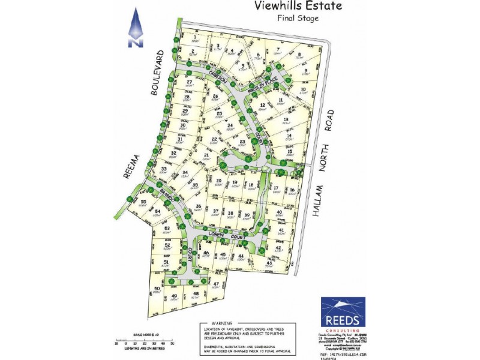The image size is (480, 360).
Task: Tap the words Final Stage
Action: point(298,19)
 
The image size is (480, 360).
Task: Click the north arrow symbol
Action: point(136,28)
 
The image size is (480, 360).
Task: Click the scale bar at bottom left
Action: point(143,342)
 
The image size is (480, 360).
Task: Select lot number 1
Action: point(195,37)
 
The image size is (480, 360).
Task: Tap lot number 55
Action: point(127,202)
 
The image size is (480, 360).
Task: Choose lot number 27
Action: point(189,82)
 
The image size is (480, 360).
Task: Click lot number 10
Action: point(303,90)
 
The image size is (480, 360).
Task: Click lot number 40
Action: point(279,213)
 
